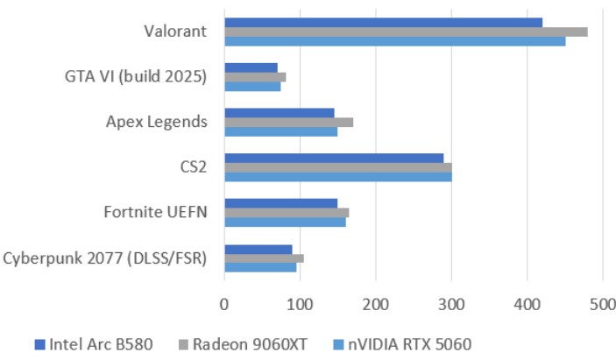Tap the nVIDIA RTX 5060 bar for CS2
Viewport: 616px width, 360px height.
(x=337, y=176)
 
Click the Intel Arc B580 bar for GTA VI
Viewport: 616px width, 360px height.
(x=251, y=67)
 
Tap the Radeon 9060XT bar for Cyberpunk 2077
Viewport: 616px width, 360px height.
(x=264, y=258)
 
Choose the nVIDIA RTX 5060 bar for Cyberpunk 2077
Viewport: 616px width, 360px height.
(x=260, y=267)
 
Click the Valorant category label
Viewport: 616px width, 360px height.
(x=175, y=32)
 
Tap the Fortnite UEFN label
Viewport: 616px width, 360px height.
(x=155, y=212)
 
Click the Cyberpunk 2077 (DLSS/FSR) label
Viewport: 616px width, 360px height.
(x=105, y=258)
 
